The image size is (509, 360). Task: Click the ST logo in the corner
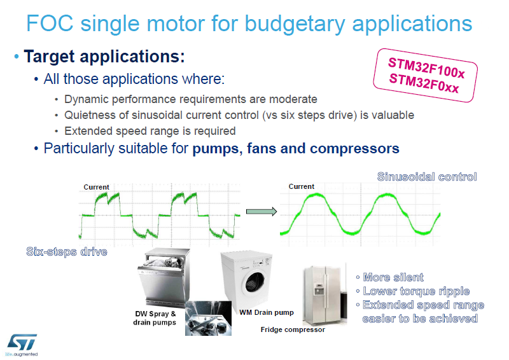pyautogui.click(x=22, y=345)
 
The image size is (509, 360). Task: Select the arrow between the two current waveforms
pyautogui.click(x=261, y=212)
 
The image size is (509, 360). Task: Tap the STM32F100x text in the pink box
pyautogui.click(x=426, y=68)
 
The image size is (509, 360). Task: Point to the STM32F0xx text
pyautogui.click(x=424, y=83)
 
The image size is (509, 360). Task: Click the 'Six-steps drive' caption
pyautogui.click(x=67, y=252)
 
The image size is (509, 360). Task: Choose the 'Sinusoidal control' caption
pyautogui.click(x=427, y=177)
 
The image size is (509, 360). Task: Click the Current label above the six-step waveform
pyautogui.click(x=97, y=187)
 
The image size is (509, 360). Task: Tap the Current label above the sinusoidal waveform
pyautogui.click(x=302, y=186)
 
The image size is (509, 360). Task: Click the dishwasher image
pyautogui.click(x=164, y=277)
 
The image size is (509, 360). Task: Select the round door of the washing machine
pyautogui.click(x=255, y=281)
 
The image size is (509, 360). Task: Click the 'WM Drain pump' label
pyautogui.click(x=267, y=312)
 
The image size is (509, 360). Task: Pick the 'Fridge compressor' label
pyautogui.click(x=293, y=329)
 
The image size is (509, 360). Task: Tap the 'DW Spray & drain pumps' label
pyautogui.click(x=155, y=318)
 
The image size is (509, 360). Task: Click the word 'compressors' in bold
pyautogui.click(x=354, y=149)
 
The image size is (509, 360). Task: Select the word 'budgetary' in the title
pyautogui.click(x=295, y=24)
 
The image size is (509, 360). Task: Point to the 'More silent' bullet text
pyautogui.click(x=393, y=277)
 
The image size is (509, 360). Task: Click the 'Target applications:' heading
pyautogui.click(x=104, y=57)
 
